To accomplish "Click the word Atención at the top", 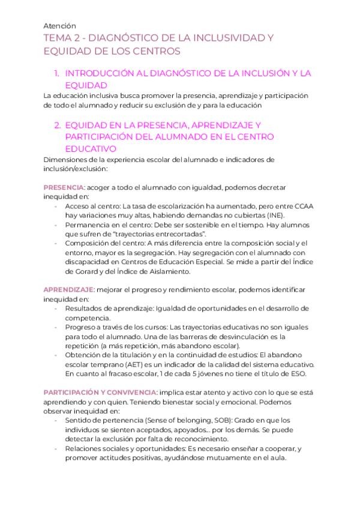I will pos(60,26).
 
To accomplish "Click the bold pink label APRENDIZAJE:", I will pos(70,289).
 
